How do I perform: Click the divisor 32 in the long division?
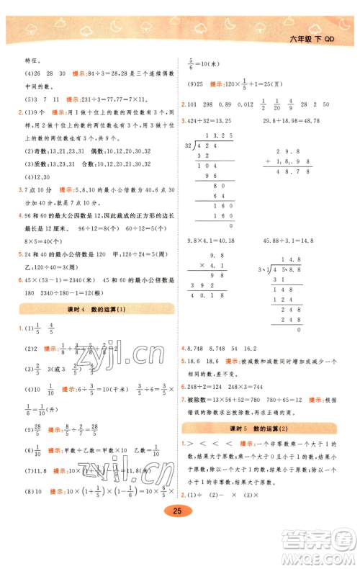(190, 145)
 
